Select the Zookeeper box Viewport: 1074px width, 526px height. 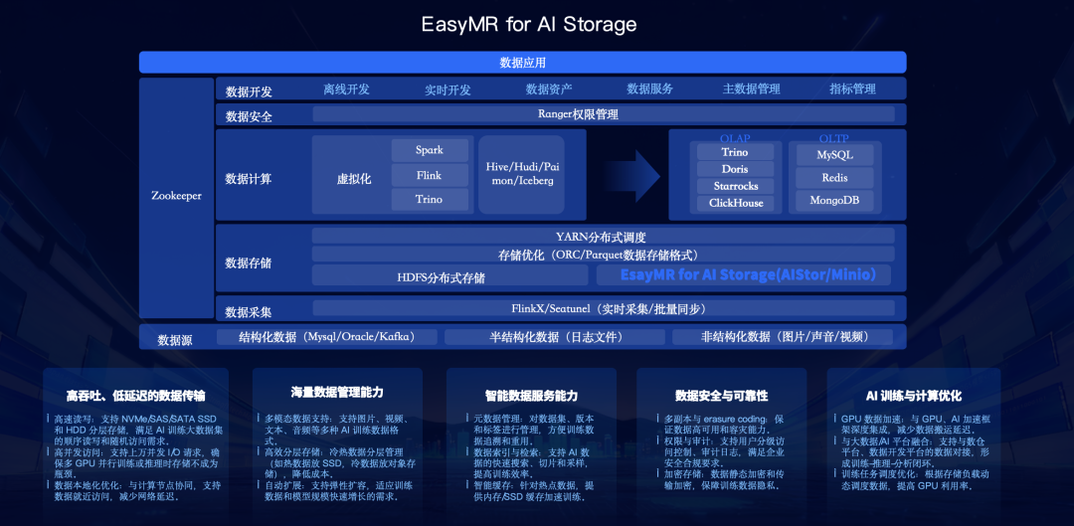pyautogui.click(x=176, y=196)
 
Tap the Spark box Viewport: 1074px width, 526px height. pyautogui.click(x=430, y=150)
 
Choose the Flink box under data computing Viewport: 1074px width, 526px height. pyautogui.click(x=430, y=175)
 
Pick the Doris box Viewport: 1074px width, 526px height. pyautogui.click(x=735, y=169)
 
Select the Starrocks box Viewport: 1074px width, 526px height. pyautogui.click(x=735, y=186)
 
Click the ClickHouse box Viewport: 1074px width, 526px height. pyautogui.click(x=735, y=203)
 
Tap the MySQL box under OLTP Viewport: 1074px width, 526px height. pyautogui.click(x=834, y=155)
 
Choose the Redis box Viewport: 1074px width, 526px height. pyautogui.click(x=834, y=178)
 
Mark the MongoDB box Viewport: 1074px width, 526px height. pyautogui.click(x=834, y=201)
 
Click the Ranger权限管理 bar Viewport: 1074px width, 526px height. pyautogui.click(x=578, y=114)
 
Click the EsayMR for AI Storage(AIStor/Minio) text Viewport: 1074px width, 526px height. pyautogui.click(x=748, y=275)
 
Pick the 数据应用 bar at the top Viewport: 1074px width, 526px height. pyautogui.click(x=522, y=63)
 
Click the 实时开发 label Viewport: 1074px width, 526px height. pyautogui.click(x=447, y=89)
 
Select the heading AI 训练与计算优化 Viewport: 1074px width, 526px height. pyautogui.click(x=900, y=395)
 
